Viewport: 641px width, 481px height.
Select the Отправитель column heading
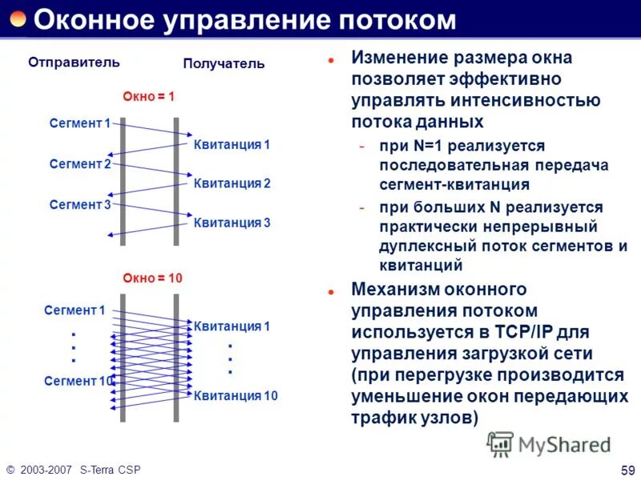coord(74,62)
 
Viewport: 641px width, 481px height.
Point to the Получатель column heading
coord(224,63)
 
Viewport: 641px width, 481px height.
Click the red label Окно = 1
coord(148,96)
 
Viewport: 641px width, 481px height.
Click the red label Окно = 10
coord(152,278)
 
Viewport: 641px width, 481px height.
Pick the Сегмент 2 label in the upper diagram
coord(80,164)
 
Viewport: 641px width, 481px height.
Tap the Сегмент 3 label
coord(80,204)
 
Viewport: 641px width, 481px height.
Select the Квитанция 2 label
coord(232,184)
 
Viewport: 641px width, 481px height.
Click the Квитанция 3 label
coord(232,223)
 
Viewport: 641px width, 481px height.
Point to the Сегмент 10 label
coord(79,382)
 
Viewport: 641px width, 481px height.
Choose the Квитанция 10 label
coord(236,395)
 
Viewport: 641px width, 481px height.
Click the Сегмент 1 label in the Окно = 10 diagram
coord(75,310)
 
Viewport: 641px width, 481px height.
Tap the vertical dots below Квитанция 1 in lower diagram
coord(230,359)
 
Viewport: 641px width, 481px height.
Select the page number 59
coord(627,469)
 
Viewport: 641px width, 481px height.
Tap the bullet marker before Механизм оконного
coord(330,293)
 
